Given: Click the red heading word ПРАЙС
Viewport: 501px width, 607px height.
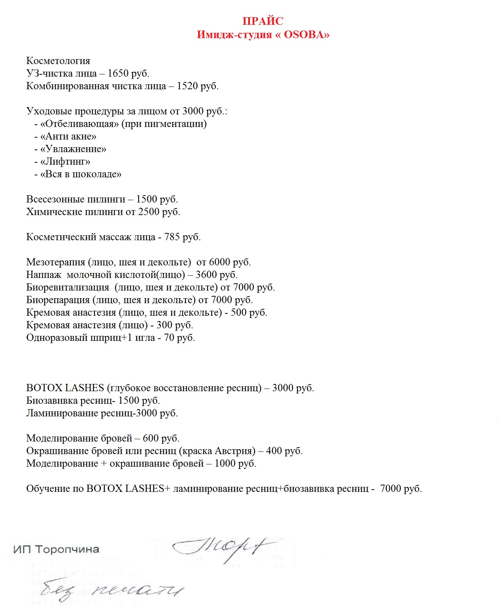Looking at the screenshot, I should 263,21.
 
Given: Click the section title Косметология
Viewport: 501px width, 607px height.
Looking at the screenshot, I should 58,61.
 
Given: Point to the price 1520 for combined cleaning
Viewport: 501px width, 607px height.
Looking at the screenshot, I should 187,86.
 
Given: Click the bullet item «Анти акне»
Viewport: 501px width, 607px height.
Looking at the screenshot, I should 68,136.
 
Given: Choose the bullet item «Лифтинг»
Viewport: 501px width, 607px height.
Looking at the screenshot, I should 65,162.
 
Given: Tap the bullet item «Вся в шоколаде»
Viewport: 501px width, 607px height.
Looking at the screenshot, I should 81,174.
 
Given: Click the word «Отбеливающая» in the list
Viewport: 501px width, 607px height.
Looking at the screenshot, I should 80,124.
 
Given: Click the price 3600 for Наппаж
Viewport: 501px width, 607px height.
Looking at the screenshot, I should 206,275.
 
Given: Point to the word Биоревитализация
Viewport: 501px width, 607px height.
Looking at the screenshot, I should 68,287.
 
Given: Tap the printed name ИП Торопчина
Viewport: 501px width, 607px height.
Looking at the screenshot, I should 56,549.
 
